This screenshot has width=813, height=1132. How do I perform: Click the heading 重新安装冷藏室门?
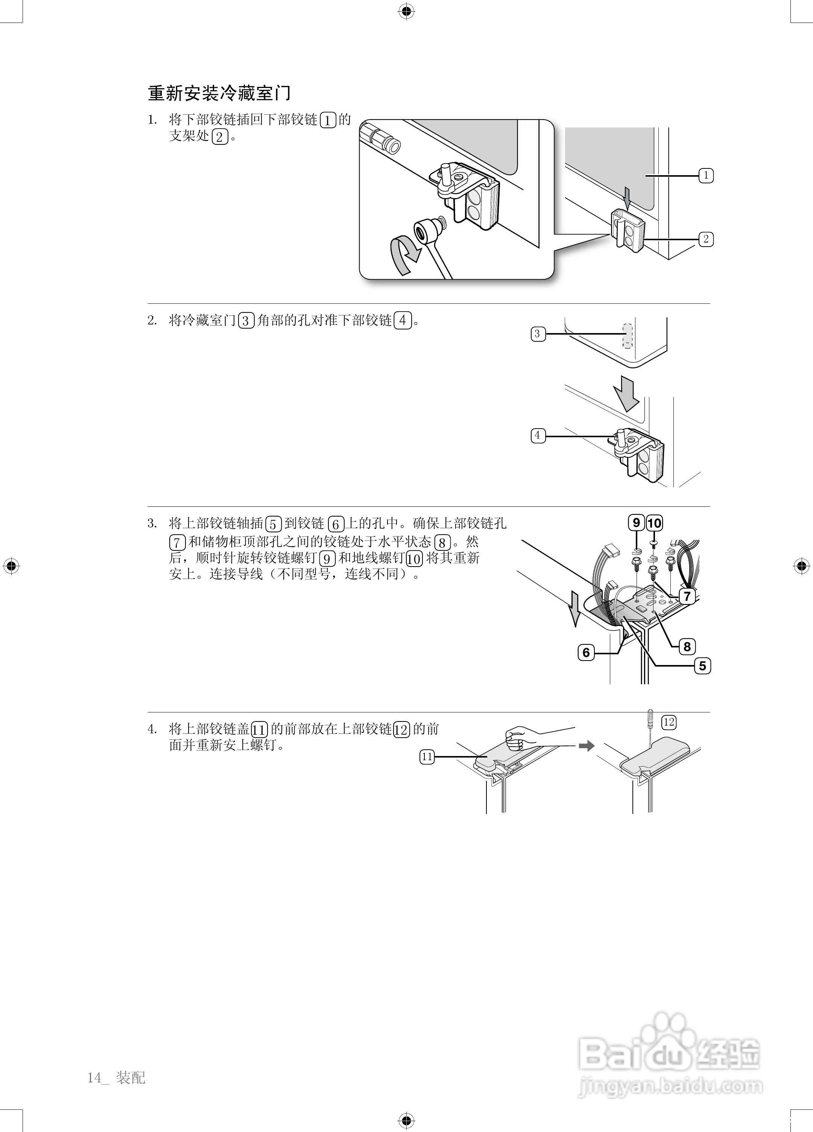tap(219, 93)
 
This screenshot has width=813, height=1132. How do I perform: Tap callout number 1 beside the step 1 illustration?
tap(706, 176)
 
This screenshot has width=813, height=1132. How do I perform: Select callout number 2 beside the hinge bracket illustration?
tap(706, 239)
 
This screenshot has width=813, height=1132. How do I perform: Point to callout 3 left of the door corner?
tap(538, 334)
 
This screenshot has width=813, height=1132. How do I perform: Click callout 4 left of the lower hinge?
tap(538, 435)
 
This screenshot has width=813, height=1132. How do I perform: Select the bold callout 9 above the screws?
tap(636, 523)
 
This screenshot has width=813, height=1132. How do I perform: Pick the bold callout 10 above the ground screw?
tap(654, 523)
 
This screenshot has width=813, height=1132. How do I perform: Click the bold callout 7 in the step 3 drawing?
tap(687, 596)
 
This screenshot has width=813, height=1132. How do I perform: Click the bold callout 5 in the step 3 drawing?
tap(702, 666)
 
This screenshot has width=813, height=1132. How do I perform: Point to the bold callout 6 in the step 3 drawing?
tap(586, 652)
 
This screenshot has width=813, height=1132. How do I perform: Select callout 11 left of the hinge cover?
tap(427, 757)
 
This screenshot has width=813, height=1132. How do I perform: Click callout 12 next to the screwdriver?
tap(669, 722)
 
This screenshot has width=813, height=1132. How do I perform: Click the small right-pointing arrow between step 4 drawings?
tap(587, 746)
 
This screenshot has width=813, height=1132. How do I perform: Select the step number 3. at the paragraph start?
tap(152, 524)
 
